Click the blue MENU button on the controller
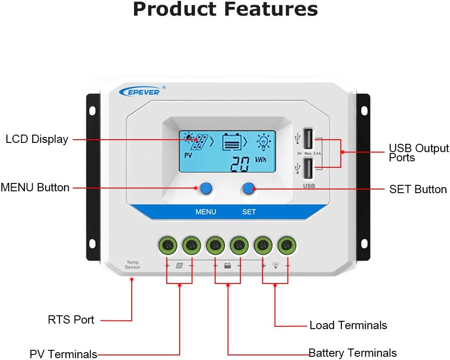point(205,188)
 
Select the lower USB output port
point(308,168)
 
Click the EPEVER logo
point(140,91)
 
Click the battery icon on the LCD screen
point(232,142)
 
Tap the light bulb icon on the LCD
point(264,140)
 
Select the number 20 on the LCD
point(240,164)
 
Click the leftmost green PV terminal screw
point(168,245)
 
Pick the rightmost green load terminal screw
point(287,245)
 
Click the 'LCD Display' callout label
point(37,139)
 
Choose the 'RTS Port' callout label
point(71,320)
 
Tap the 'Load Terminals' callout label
point(348,325)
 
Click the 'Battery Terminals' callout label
point(352,353)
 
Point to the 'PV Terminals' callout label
point(64,354)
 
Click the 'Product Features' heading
point(225,9)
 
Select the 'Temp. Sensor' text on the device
point(133,265)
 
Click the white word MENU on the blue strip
point(205,212)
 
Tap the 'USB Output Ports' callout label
point(418,153)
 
